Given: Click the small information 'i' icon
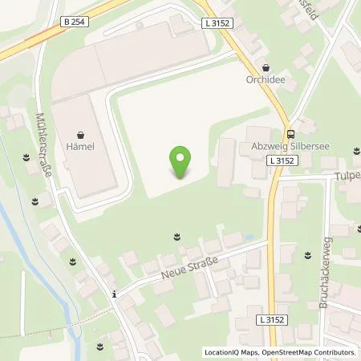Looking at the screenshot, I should click(115, 294).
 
